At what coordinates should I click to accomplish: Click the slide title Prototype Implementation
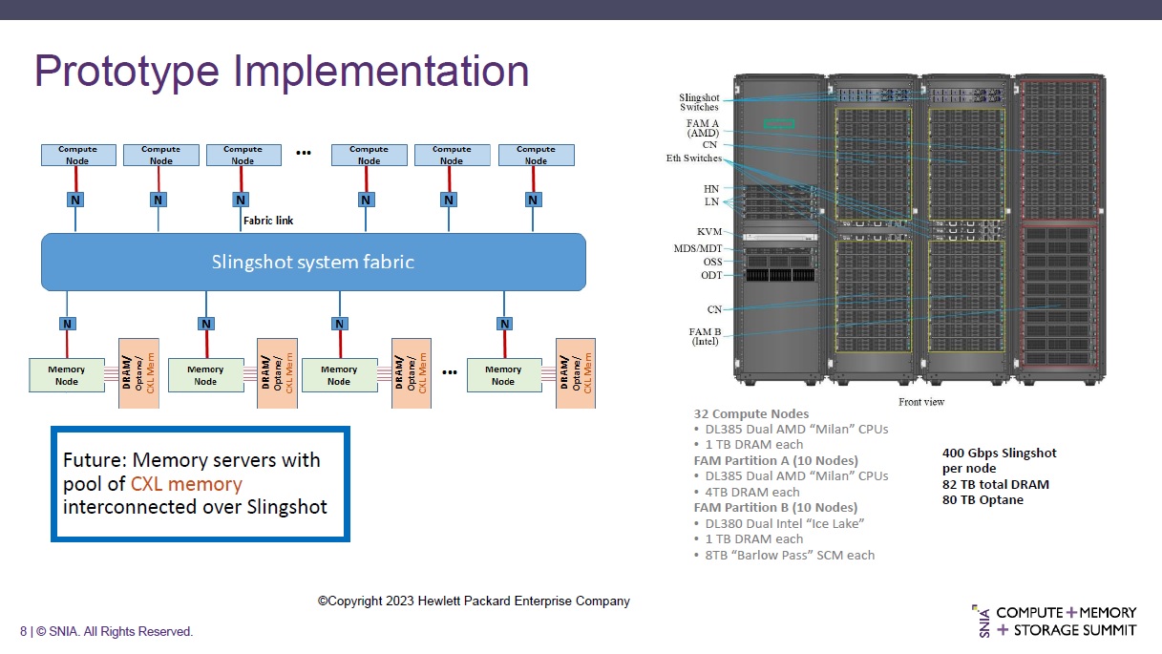tap(282, 73)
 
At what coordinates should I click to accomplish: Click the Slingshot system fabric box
tap(313, 262)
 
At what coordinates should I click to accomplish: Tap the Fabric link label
tap(268, 221)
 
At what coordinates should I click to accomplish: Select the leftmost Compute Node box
tap(77, 155)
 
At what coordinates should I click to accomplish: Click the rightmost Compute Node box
tap(536, 155)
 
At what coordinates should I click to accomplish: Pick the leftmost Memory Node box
tap(66, 375)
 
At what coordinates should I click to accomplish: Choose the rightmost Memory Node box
tap(503, 375)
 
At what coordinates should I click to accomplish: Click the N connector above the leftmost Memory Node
tap(67, 324)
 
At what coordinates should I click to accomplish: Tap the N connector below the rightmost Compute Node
tap(533, 200)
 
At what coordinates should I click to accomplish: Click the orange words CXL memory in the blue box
tap(186, 484)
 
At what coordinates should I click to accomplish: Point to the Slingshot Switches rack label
tap(699, 102)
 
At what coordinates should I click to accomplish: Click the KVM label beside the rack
tap(709, 232)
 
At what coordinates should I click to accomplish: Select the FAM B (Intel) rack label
tap(705, 336)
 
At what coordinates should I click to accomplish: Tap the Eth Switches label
tap(694, 158)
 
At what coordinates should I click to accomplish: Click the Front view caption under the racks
tap(921, 402)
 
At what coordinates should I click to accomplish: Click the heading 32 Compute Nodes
tap(751, 413)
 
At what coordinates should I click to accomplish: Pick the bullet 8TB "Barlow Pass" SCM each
tap(789, 555)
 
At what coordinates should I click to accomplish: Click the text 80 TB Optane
tap(982, 499)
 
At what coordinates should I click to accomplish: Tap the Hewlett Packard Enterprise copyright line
tap(474, 601)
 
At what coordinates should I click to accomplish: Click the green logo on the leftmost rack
tap(779, 122)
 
